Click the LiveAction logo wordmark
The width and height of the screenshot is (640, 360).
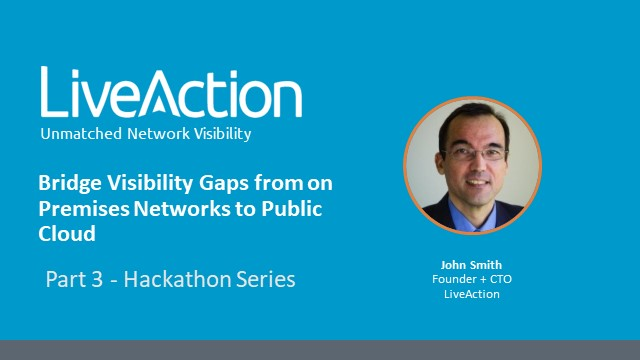tap(170, 95)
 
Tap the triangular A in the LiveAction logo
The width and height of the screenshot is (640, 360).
tap(178, 96)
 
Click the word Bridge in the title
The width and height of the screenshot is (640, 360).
tap(66, 183)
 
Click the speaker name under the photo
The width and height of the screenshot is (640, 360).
tap(464, 265)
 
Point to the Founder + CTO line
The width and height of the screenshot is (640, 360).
tap(464, 279)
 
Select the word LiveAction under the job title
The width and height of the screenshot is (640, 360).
tap(464, 293)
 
